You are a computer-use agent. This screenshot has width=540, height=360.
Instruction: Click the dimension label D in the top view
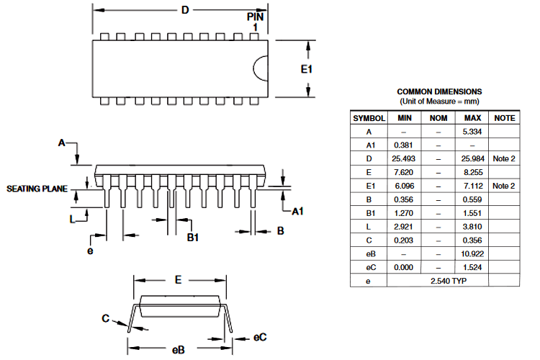(x=185, y=10)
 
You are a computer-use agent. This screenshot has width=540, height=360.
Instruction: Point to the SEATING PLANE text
(x=37, y=189)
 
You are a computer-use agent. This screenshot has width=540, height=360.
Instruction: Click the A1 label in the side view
(x=298, y=211)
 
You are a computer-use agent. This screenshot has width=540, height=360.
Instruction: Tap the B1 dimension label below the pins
(x=193, y=237)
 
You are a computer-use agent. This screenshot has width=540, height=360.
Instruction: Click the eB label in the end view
(x=179, y=349)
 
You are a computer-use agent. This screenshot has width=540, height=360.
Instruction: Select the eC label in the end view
(x=260, y=336)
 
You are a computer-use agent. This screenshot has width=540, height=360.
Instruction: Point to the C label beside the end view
(x=105, y=318)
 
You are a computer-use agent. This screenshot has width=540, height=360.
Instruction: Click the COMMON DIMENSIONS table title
(x=439, y=91)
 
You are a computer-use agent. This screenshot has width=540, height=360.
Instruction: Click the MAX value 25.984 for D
(x=472, y=158)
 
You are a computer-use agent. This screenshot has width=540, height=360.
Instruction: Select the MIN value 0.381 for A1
(x=403, y=145)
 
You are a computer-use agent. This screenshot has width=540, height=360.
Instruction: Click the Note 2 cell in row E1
(x=504, y=186)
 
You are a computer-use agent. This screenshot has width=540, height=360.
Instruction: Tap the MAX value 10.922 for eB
(x=472, y=253)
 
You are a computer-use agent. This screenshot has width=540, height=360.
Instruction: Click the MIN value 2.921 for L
(x=403, y=226)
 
